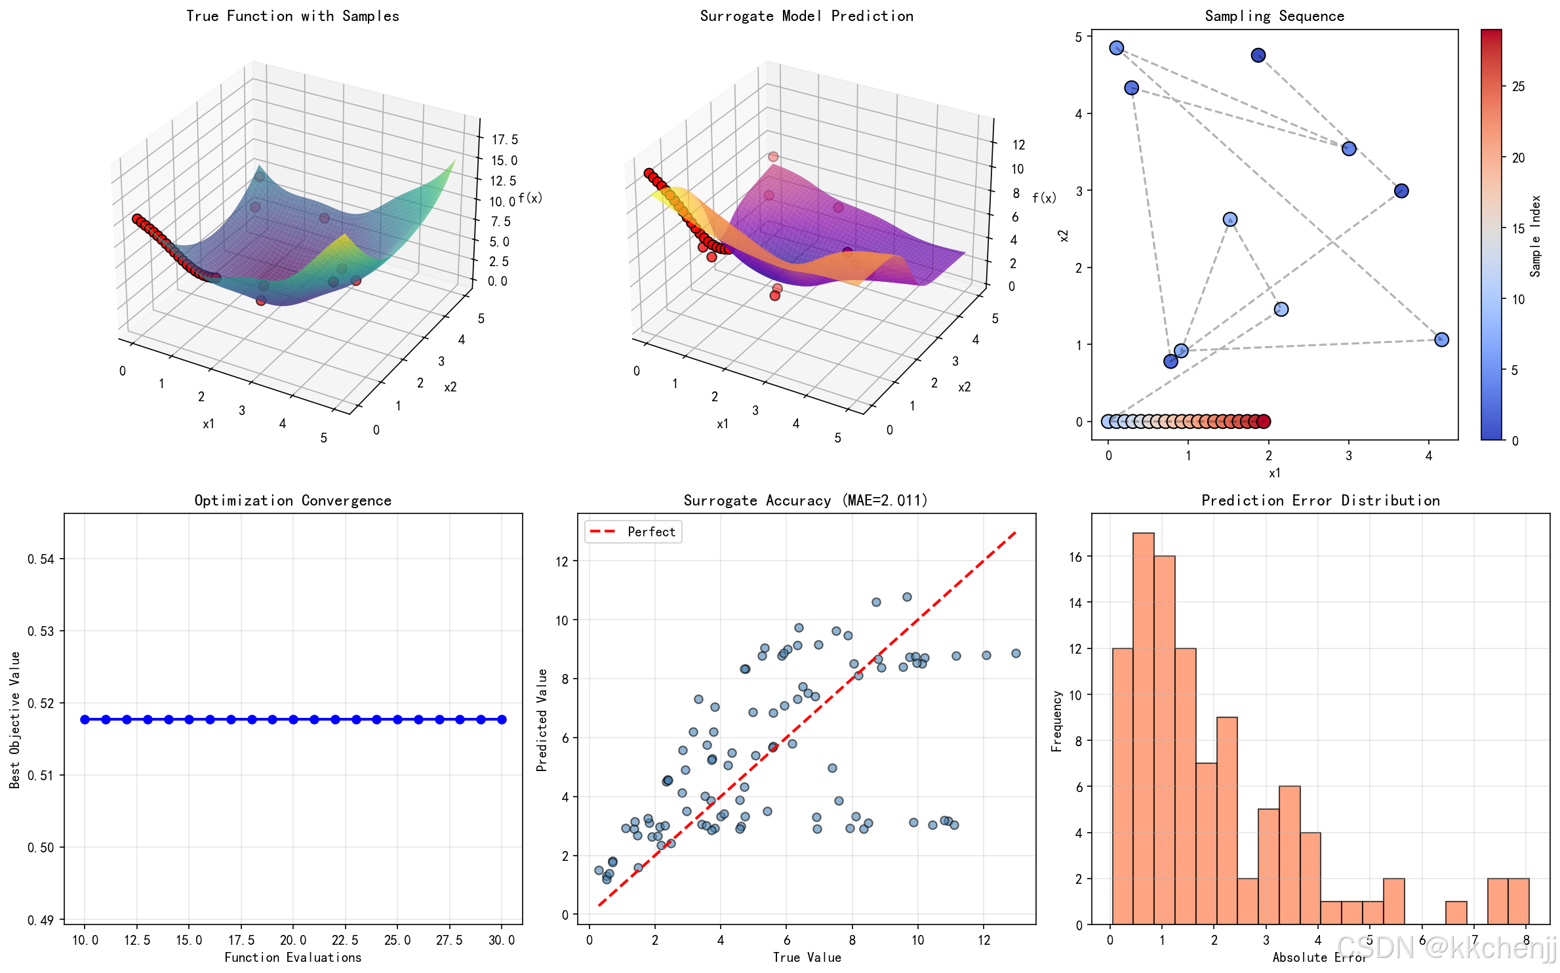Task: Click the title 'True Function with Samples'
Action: (x=292, y=16)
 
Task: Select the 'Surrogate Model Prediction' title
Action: (x=807, y=16)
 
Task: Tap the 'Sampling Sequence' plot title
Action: (x=1274, y=16)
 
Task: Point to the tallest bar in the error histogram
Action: (x=1143, y=728)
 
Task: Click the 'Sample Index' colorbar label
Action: (x=1535, y=236)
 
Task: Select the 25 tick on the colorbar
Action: (x=1518, y=87)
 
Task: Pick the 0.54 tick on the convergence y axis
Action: (x=41, y=559)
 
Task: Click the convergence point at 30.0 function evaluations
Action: (x=502, y=719)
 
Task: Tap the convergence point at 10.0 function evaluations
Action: (x=85, y=719)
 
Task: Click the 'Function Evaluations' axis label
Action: (x=292, y=958)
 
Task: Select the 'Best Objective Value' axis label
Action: (x=15, y=719)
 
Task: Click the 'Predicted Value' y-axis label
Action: (x=542, y=719)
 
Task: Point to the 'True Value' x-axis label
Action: (x=807, y=958)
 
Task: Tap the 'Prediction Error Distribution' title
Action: (x=1320, y=501)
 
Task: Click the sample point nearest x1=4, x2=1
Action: (x=1441, y=340)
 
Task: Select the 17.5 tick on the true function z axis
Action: (x=505, y=140)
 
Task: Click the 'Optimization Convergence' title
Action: (x=292, y=501)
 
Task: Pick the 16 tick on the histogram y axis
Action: (x=1075, y=557)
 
